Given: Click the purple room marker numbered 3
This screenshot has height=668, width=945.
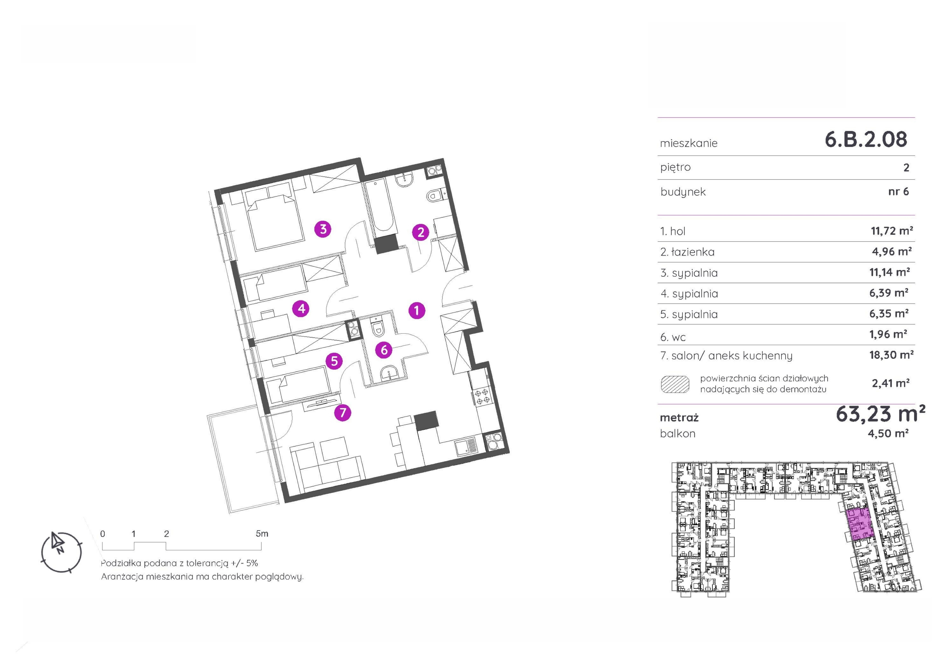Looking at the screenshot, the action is (323, 229).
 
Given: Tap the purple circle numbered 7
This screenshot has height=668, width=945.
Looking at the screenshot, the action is (343, 412).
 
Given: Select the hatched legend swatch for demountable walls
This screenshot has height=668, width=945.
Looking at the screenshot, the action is (675, 384).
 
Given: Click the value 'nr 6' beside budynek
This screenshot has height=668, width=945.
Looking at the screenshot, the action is (898, 191).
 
